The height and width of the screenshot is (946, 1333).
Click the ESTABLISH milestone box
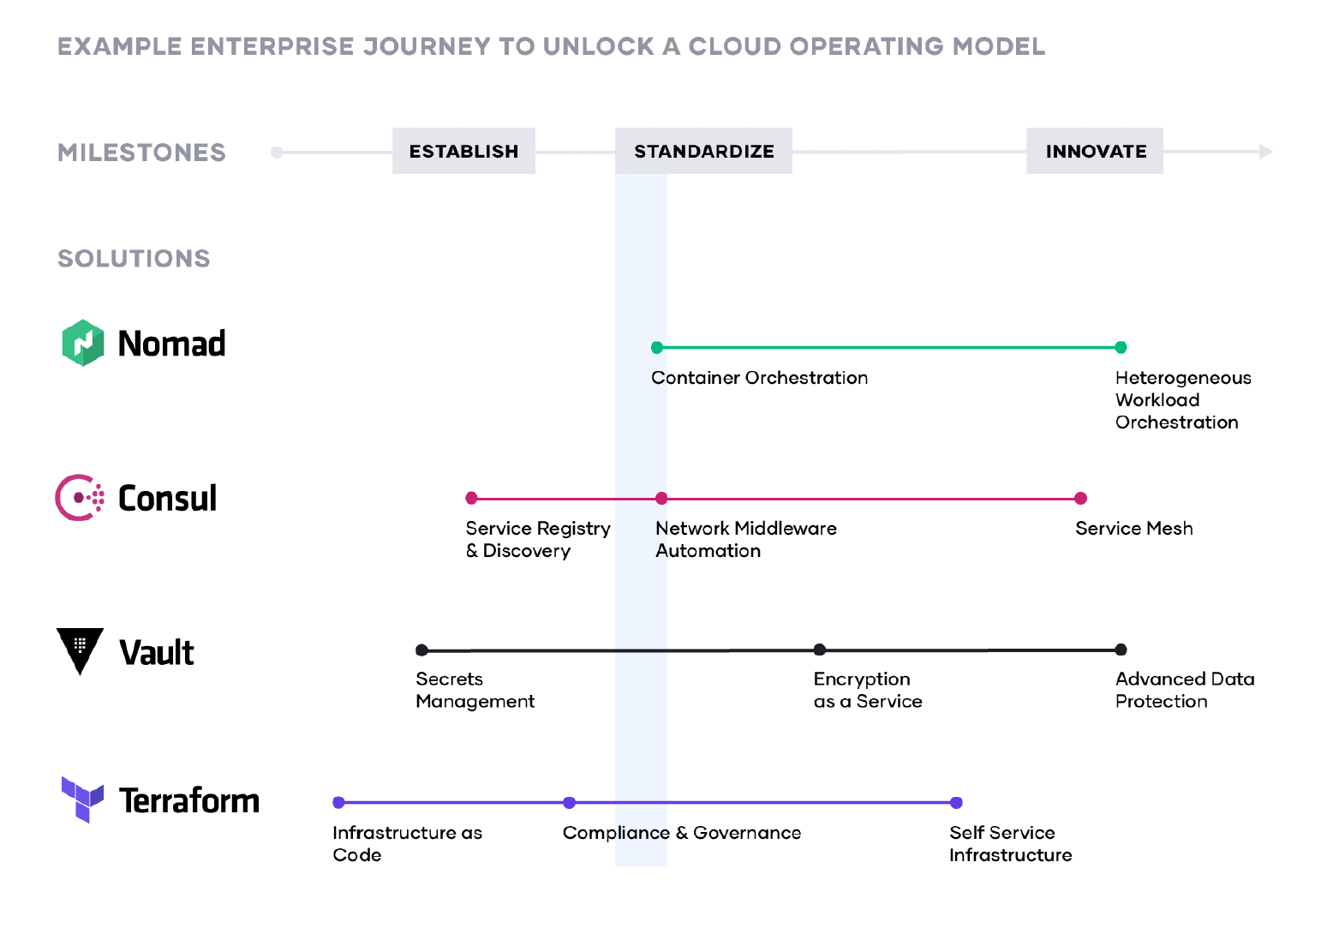click(463, 151)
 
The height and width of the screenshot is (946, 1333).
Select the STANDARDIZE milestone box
click(703, 151)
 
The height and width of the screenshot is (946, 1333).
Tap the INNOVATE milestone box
click(1095, 151)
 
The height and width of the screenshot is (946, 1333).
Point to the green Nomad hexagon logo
click(83, 343)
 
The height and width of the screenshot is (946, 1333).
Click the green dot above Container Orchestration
click(657, 347)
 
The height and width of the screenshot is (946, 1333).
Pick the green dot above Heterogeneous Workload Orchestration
click(1121, 347)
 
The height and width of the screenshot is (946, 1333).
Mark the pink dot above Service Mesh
click(1081, 498)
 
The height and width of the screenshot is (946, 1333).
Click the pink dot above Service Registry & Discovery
click(471, 498)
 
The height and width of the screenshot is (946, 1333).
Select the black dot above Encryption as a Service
click(820, 650)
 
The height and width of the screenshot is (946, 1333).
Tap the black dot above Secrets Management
click(421, 650)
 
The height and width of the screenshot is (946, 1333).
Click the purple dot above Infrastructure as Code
click(338, 802)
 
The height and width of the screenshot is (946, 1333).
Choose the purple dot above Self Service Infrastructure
click(957, 802)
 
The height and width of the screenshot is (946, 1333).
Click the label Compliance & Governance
click(682, 833)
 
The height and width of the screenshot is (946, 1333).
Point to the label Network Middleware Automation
click(745, 540)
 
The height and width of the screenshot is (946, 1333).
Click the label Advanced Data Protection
click(1184, 690)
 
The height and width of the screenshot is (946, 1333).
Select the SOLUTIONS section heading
click(134, 258)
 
